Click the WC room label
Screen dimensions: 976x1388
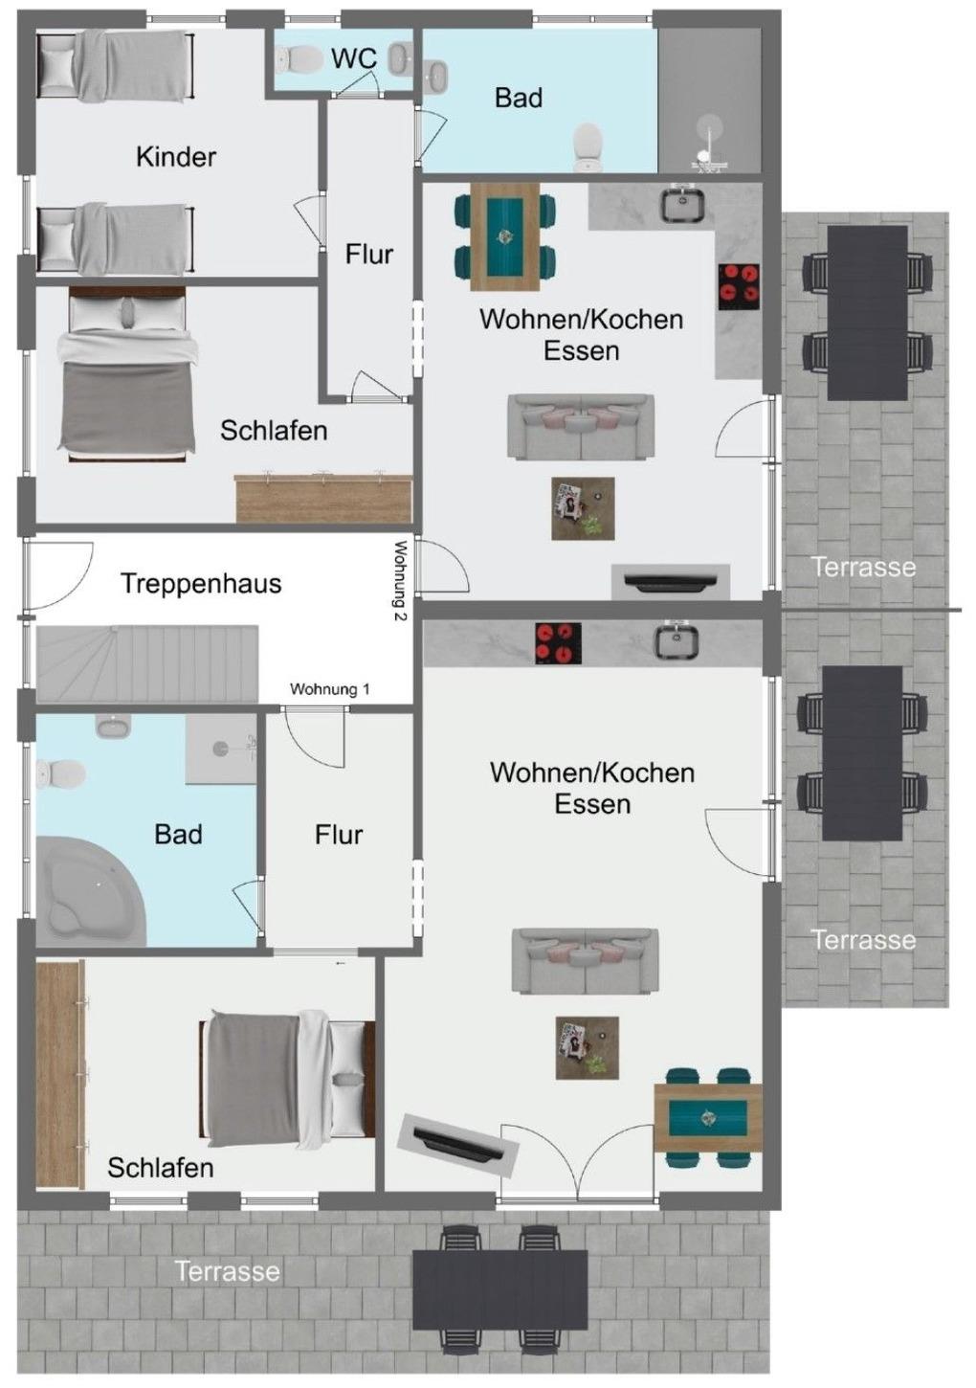coord(354,57)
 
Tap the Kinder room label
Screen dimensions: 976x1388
coord(176,157)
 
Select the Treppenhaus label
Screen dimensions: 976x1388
coord(201,583)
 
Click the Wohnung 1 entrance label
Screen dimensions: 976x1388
coord(330,689)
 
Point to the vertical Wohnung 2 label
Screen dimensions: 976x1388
coord(401,581)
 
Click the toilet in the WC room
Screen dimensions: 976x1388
coord(299,58)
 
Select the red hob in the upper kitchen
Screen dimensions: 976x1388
coord(739,287)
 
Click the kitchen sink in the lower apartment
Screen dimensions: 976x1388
coord(678,642)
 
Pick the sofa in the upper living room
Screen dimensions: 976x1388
coord(581,427)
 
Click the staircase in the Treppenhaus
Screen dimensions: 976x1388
coord(146,664)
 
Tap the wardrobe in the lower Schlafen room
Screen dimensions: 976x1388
coord(60,1074)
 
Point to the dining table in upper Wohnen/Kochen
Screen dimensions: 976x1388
coord(504,236)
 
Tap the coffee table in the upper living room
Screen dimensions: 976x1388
coord(584,508)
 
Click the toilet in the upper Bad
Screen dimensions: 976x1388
coord(588,146)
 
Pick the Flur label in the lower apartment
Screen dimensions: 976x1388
coord(338,834)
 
